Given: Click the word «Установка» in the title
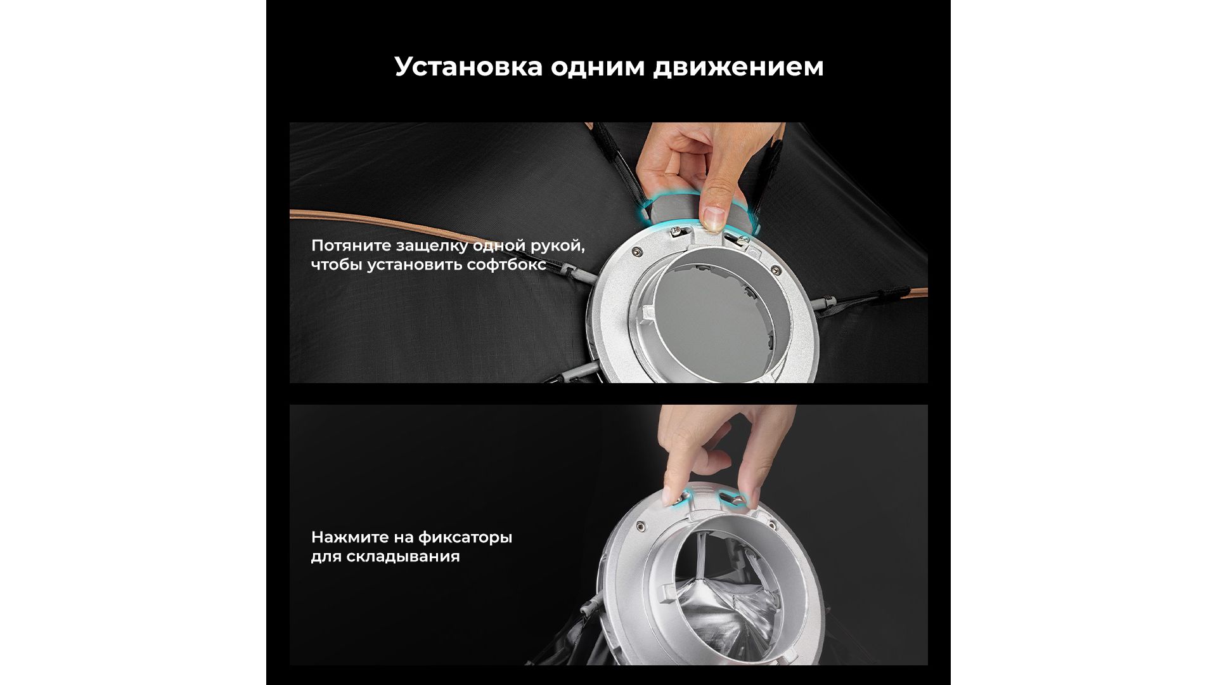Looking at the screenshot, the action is pos(468,67).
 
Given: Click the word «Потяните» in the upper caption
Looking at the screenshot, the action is pos(351,245).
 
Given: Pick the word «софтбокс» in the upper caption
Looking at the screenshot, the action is pos(506,264).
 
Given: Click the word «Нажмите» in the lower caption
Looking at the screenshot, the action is pos(347,537).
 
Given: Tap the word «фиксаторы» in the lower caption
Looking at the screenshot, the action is pos(465,538).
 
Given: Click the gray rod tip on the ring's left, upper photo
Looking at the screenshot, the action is pos(579,273).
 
